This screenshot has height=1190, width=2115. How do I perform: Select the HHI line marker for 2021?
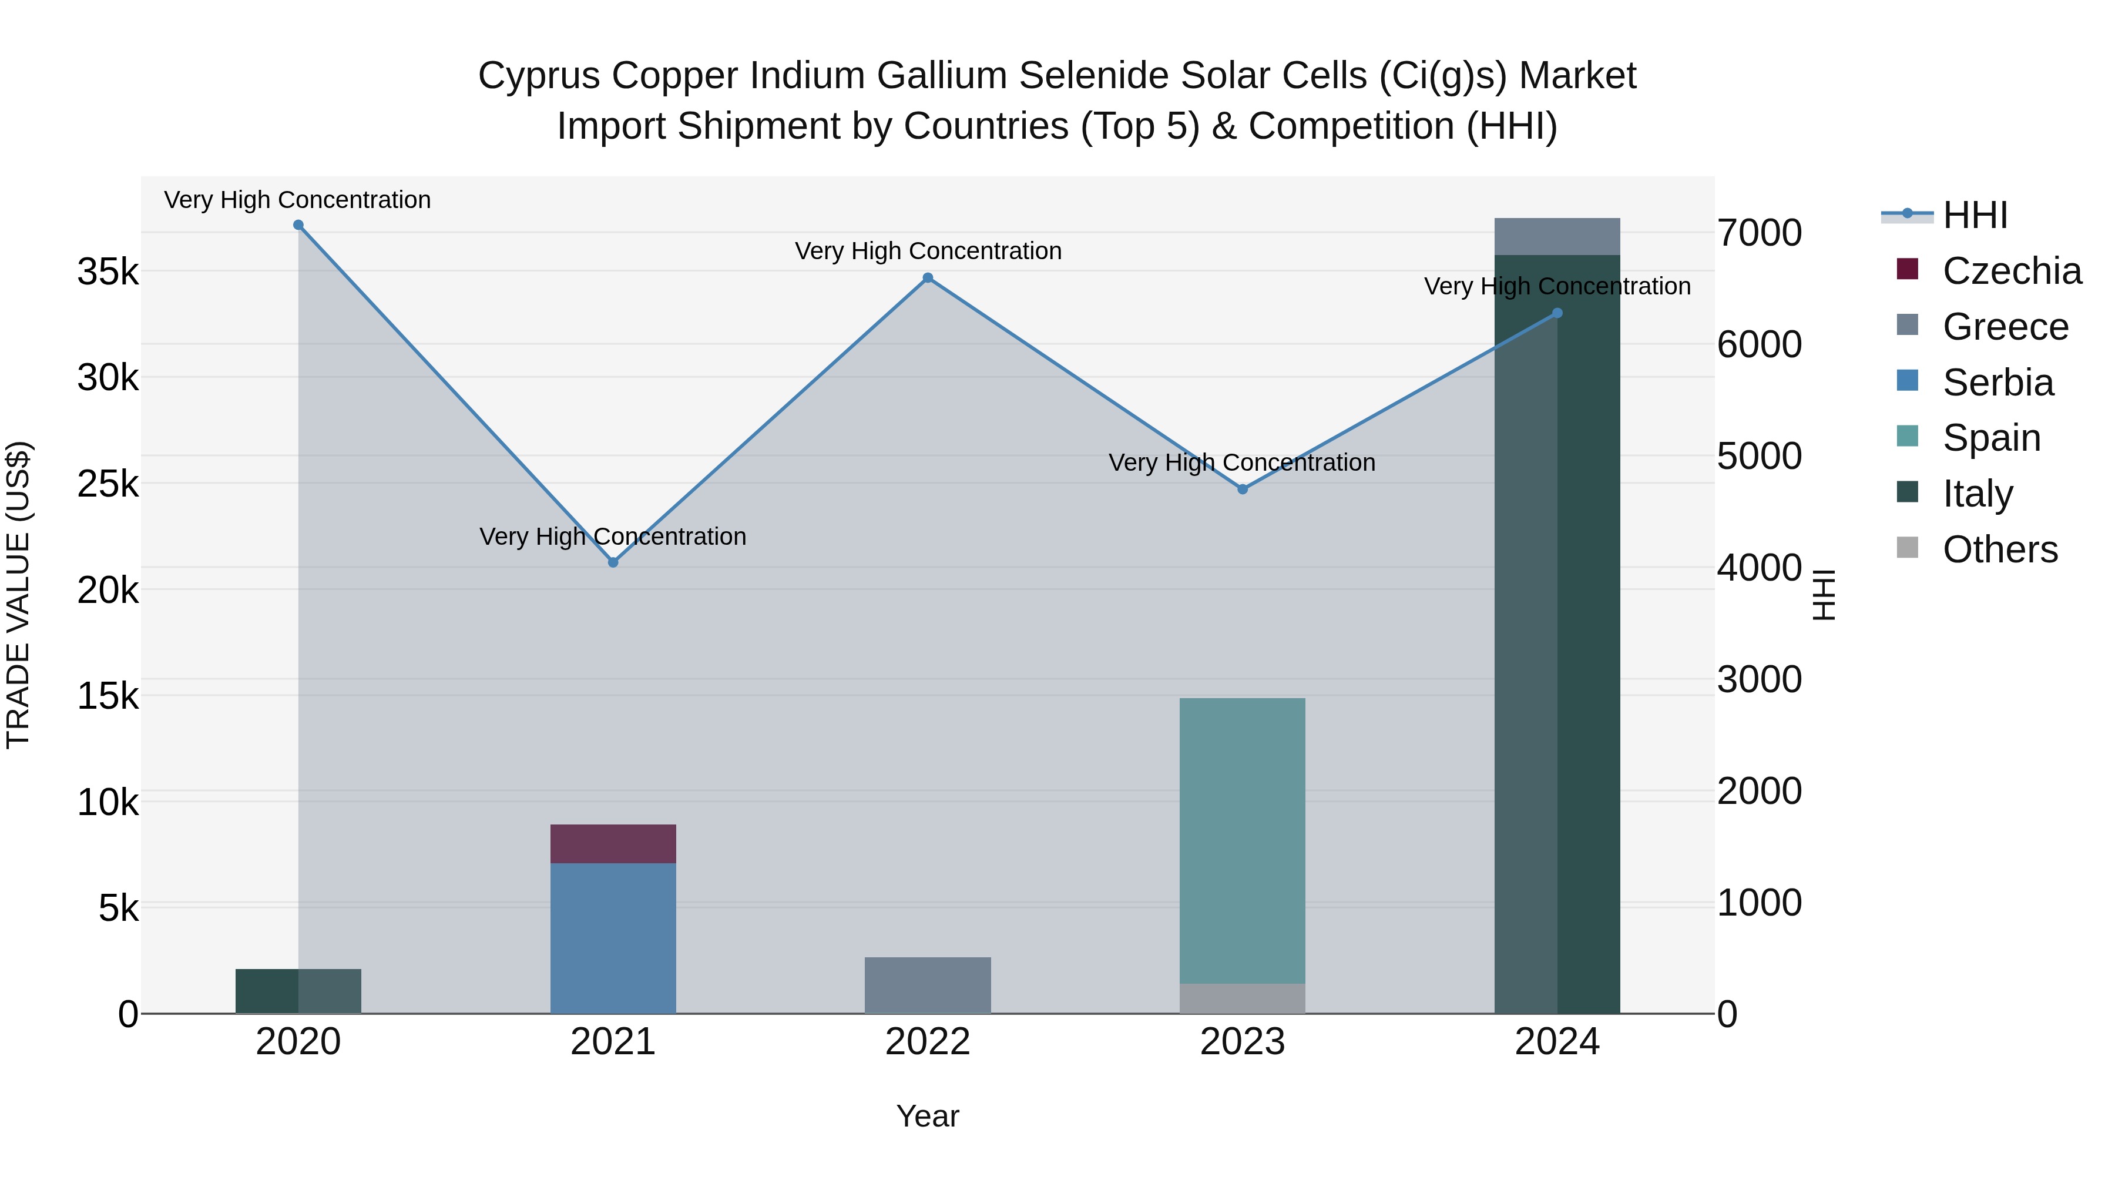click(x=613, y=562)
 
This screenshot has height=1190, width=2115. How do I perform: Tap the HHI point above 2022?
click(x=928, y=277)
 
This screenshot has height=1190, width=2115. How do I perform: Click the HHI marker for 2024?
click(x=1557, y=313)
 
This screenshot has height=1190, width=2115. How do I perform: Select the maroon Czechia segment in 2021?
click(x=613, y=843)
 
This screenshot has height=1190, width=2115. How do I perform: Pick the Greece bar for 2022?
click(x=928, y=985)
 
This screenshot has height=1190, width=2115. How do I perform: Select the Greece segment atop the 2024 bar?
click(x=1557, y=236)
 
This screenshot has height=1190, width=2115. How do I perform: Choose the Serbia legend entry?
click(x=1997, y=383)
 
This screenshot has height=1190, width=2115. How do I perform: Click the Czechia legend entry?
click(x=2012, y=271)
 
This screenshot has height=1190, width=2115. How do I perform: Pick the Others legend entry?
click(x=1999, y=549)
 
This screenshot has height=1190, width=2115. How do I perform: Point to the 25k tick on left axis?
click(x=108, y=484)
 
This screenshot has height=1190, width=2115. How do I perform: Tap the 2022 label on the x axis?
click(x=928, y=1042)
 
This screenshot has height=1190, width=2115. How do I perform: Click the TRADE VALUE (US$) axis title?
click(x=18, y=595)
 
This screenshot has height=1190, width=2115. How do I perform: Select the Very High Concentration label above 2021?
click(x=613, y=537)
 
